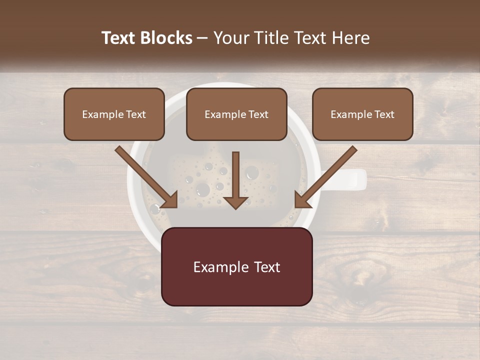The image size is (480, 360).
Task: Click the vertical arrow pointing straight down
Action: click(x=236, y=180)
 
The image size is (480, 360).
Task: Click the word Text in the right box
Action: click(x=384, y=114)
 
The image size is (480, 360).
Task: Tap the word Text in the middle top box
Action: click(x=258, y=114)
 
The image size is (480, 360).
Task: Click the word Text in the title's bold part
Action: click(x=118, y=38)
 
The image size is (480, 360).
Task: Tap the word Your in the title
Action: click(x=229, y=38)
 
